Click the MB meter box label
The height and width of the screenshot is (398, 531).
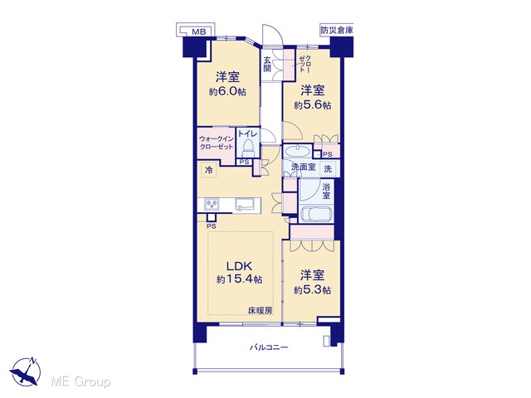(x=199, y=32)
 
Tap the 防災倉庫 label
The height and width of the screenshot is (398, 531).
(x=337, y=30)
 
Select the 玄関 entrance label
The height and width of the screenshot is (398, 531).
(x=267, y=65)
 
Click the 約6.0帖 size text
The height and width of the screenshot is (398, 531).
(x=227, y=92)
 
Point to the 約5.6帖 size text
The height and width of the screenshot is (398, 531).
(x=313, y=105)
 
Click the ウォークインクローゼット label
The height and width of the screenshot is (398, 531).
(x=217, y=143)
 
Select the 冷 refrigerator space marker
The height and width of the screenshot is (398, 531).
(x=209, y=170)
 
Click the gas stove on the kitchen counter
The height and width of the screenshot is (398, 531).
(x=212, y=205)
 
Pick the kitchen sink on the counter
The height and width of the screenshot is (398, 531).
(x=246, y=205)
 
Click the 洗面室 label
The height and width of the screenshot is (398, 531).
(x=304, y=167)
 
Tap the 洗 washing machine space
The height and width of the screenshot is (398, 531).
(x=328, y=168)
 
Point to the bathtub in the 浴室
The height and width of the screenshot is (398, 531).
(x=315, y=214)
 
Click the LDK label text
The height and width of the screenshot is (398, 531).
(x=239, y=265)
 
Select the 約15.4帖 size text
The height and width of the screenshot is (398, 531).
(x=239, y=279)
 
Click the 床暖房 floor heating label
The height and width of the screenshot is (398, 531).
(x=261, y=310)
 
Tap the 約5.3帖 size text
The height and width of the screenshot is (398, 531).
(x=312, y=290)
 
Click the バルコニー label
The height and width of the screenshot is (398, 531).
(x=269, y=347)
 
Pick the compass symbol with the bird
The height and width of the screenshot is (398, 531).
(x=26, y=371)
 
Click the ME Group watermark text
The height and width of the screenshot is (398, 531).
(x=80, y=382)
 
